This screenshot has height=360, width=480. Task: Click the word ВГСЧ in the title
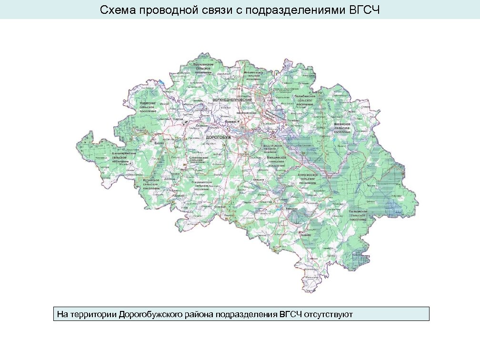pyautogui.click(x=364, y=10)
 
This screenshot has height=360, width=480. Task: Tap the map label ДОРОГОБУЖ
pyautogui.click(x=218, y=137)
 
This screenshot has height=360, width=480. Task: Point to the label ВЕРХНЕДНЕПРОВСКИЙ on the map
pyautogui.click(x=232, y=101)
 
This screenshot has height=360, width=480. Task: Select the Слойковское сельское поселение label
pyautogui.click(x=199, y=160)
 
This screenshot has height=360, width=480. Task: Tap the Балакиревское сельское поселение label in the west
pyautogui.click(x=124, y=157)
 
